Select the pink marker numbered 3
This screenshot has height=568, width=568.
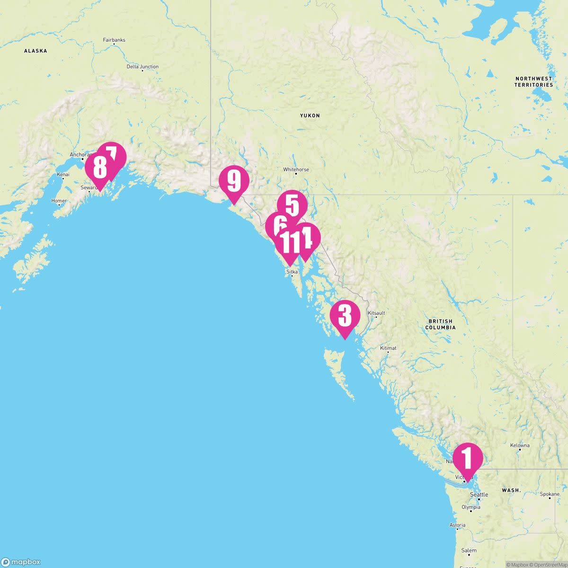345,315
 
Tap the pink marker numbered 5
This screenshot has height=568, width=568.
292,205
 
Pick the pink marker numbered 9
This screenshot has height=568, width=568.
234,181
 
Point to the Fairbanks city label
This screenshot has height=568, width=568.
114,40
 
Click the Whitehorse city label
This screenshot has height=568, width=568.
296,169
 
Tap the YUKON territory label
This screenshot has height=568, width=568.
310,115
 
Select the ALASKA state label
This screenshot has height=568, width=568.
35,51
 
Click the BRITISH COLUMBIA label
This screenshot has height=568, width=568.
440,324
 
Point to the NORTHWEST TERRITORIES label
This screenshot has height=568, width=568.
534,81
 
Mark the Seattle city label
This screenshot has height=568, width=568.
479,495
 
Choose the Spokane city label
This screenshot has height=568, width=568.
550,494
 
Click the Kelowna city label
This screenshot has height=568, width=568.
520,445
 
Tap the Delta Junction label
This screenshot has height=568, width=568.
142,67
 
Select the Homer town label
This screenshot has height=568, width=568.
59,201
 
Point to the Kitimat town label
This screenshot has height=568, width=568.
388,348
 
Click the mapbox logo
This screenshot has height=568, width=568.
21,562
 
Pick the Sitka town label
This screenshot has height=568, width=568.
292,272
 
